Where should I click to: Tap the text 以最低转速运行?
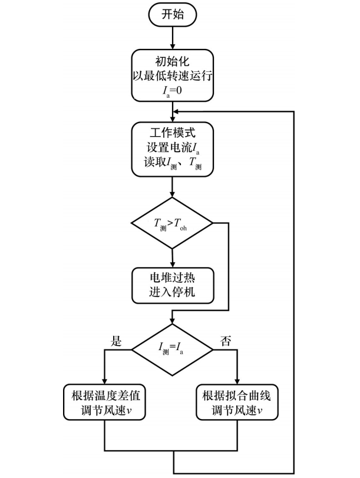(173, 76)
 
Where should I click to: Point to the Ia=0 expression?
(173, 90)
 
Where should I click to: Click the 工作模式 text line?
(173, 129)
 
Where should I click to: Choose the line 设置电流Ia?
(173, 143)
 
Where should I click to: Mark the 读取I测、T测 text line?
(173, 158)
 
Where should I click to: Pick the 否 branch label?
(224, 340)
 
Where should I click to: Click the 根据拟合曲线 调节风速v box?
(236, 402)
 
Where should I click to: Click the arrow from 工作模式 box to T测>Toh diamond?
(173, 190)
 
